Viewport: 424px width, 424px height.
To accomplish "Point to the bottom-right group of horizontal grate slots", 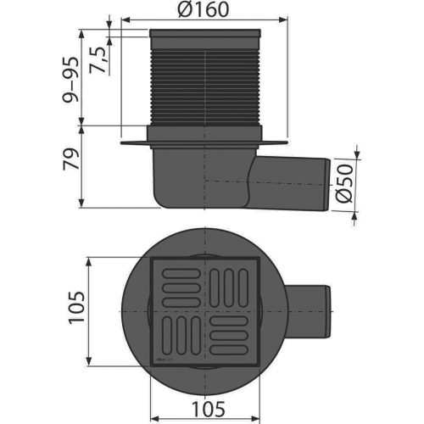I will (x=230, y=336).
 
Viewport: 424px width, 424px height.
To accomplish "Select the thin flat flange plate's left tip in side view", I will (x=124, y=142).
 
